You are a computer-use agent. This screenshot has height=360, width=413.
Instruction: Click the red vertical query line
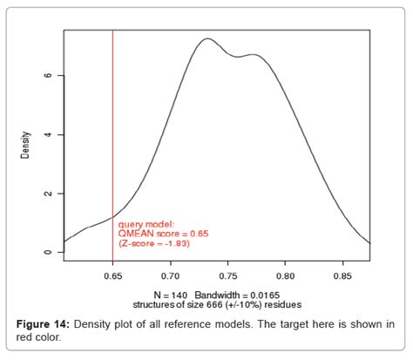click(112, 131)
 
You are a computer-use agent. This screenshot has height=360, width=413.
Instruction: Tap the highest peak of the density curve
click(206, 39)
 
